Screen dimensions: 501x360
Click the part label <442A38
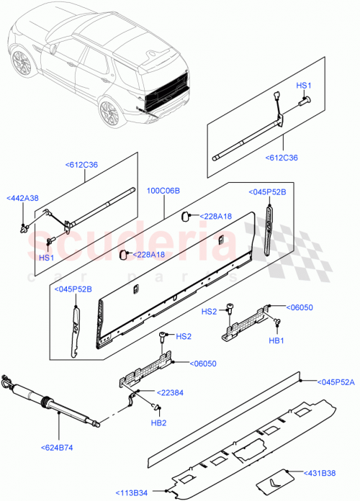[23, 198]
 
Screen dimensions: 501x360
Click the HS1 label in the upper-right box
[303, 86]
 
